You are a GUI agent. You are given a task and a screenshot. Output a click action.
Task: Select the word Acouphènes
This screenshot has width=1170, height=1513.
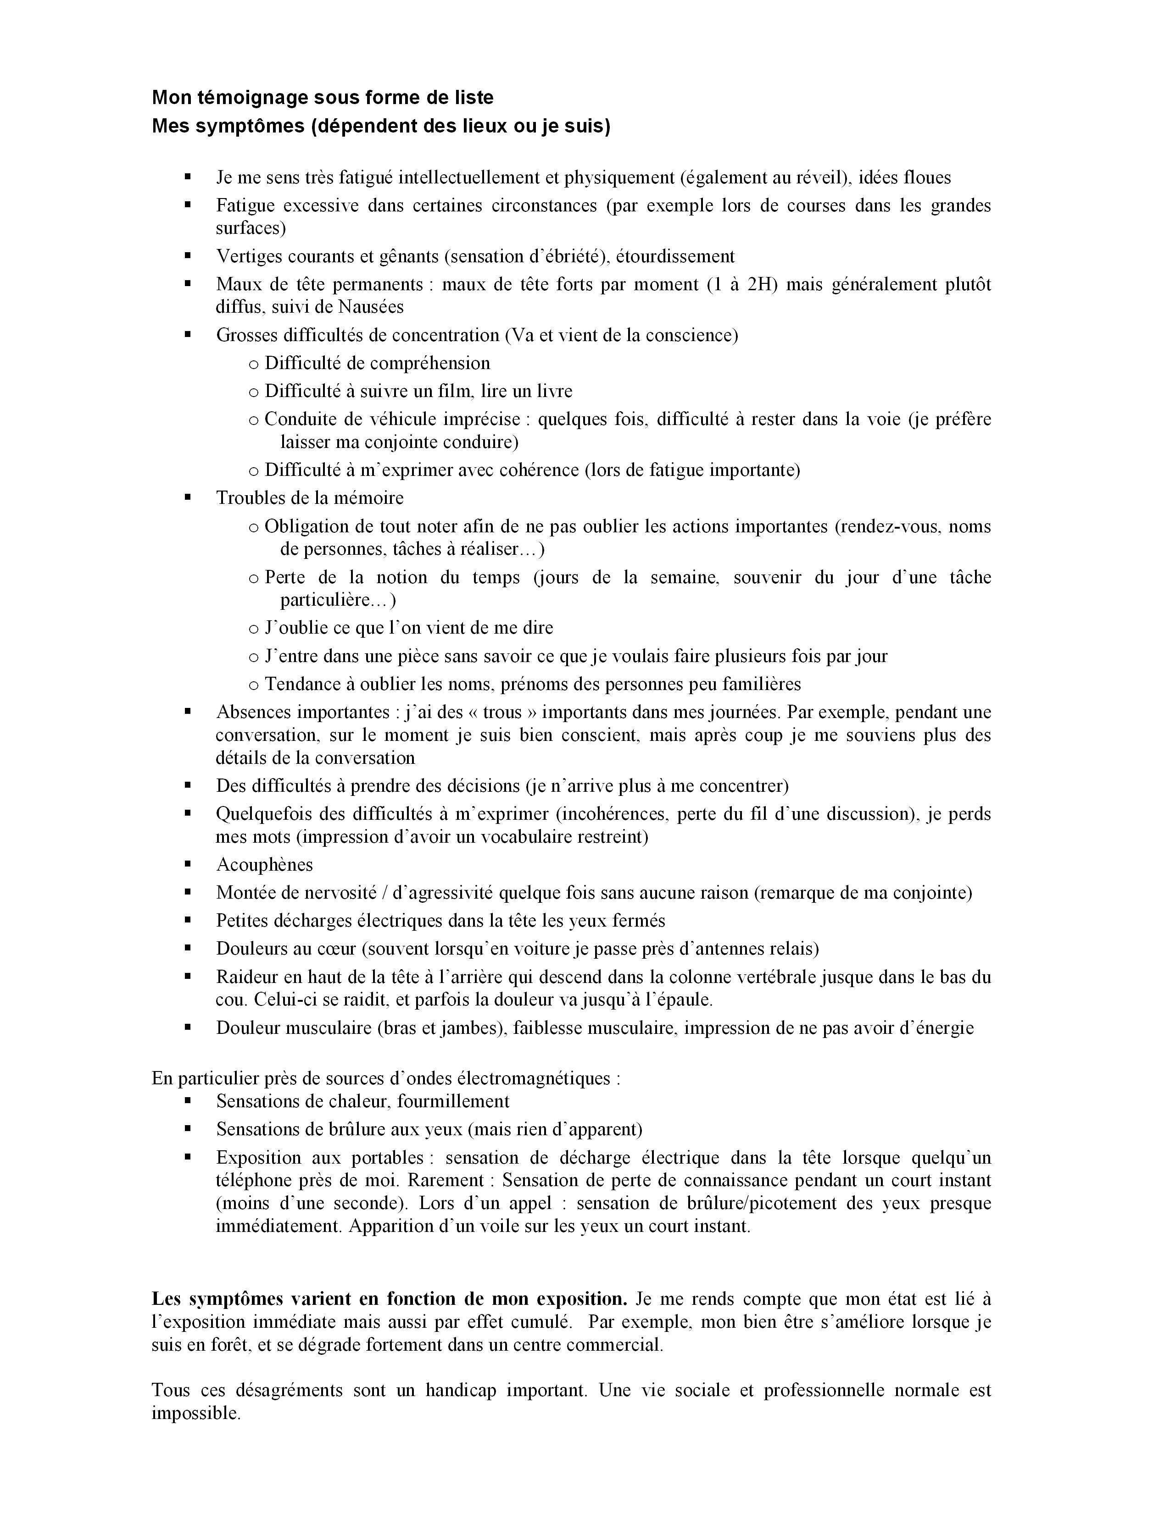pyautogui.click(x=264, y=865)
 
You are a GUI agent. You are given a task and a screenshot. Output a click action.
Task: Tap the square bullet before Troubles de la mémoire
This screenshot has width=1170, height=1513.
pyautogui.click(x=187, y=497)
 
